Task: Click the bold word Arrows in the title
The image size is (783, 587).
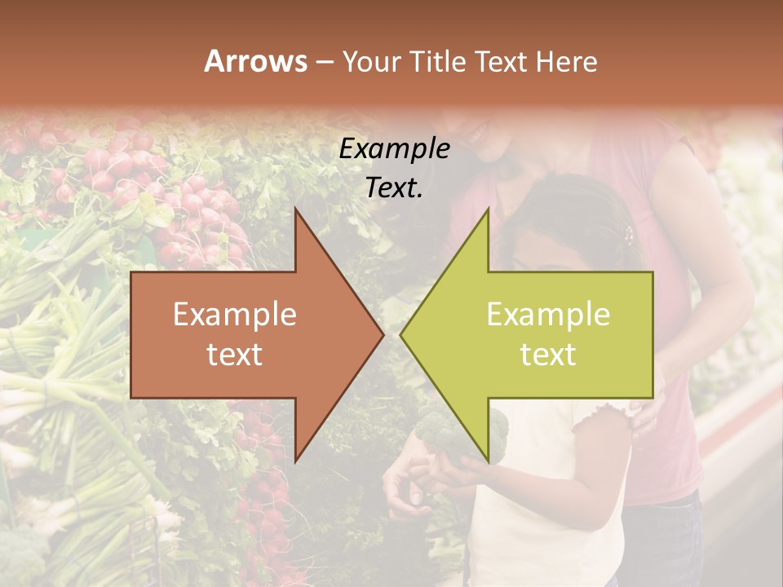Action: (x=255, y=61)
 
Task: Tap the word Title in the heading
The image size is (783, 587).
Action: (x=438, y=61)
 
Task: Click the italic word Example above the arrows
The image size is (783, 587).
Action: (x=394, y=149)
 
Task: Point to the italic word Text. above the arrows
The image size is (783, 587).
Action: (x=394, y=188)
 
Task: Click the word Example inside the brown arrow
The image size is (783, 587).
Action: (x=235, y=315)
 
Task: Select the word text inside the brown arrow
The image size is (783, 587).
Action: (x=235, y=354)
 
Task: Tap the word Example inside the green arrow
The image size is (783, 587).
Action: (x=548, y=315)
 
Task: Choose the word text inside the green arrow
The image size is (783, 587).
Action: (x=548, y=354)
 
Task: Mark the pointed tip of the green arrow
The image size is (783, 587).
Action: (x=401, y=334)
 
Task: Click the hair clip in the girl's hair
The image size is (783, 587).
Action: (x=627, y=236)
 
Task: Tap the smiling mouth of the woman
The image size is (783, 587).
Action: (x=476, y=130)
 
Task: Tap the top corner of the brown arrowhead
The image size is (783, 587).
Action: (x=296, y=209)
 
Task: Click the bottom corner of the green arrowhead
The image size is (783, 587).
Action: (x=488, y=461)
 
